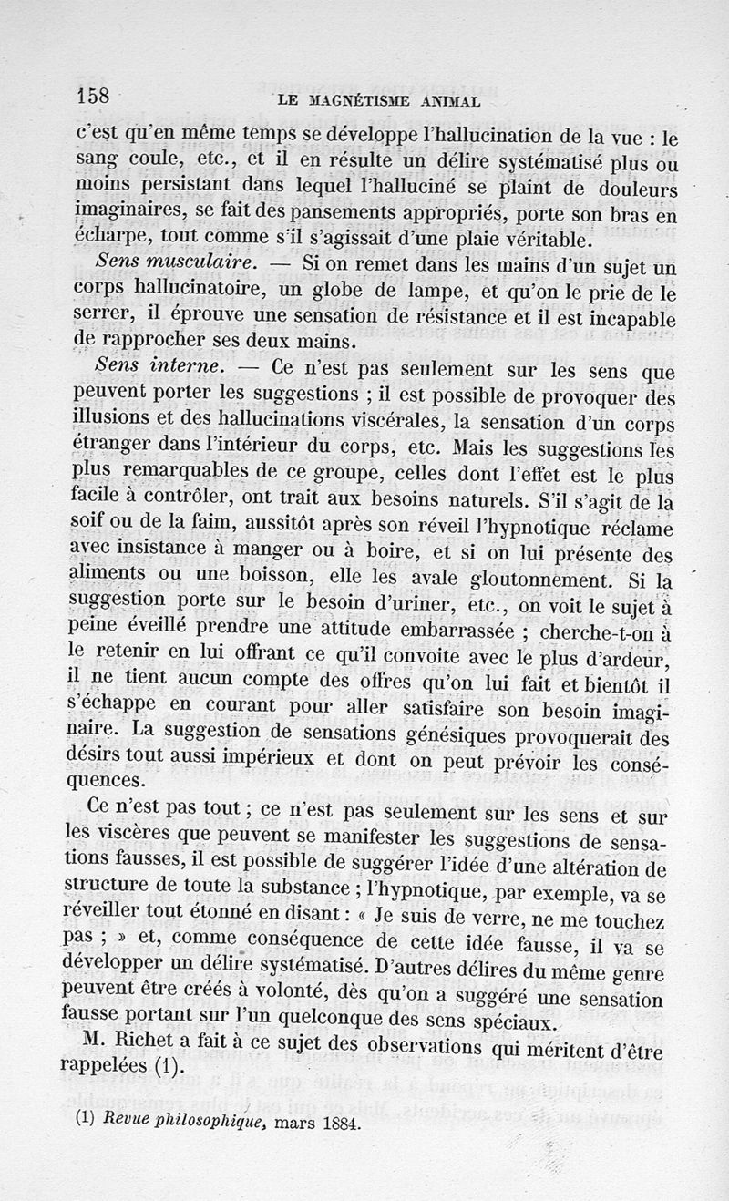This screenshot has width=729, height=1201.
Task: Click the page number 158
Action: click(95, 96)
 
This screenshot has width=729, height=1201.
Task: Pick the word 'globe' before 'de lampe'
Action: click(335, 292)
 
